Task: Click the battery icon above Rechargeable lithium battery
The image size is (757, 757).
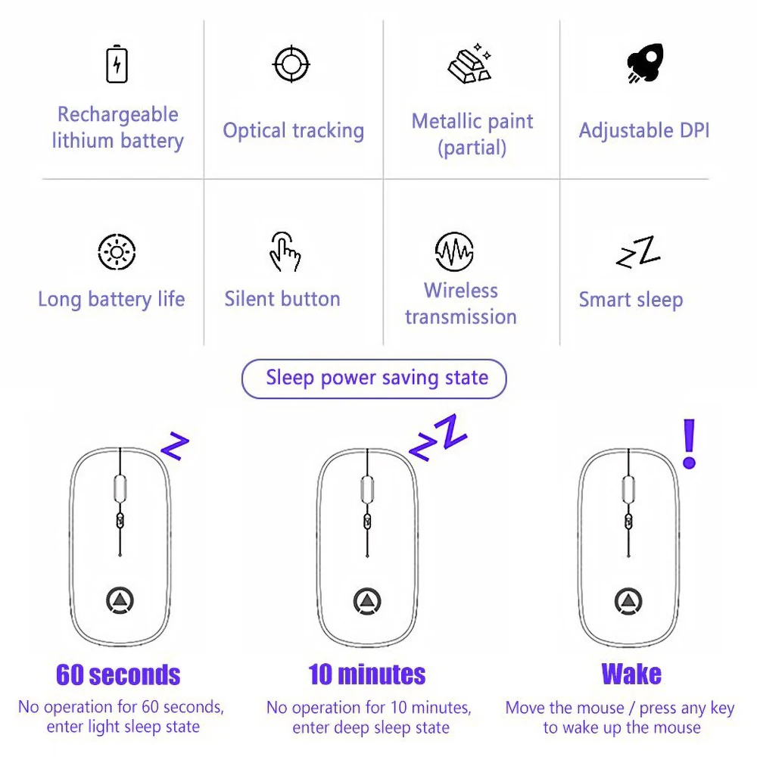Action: (x=117, y=64)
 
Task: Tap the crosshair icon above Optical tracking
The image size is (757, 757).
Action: (x=291, y=64)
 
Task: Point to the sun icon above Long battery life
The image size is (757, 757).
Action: (x=117, y=252)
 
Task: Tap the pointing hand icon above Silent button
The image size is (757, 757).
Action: (x=285, y=251)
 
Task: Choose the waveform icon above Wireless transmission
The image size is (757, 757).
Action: (x=454, y=251)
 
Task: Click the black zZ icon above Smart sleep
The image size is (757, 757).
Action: (x=638, y=253)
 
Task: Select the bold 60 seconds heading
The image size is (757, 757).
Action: (x=118, y=674)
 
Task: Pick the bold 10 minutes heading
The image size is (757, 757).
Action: (x=367, y=674)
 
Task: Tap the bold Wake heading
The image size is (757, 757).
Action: (x=631, y=674)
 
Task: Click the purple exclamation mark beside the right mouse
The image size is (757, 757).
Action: (x=689, y=444)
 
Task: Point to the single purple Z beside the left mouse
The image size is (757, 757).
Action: (x=175, y=447)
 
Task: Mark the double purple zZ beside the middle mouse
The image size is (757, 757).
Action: (x=438, y=436)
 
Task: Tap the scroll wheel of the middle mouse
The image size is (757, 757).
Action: (x=368, y=488)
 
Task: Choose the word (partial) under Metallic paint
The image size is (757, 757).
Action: (x=472, y=148)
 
